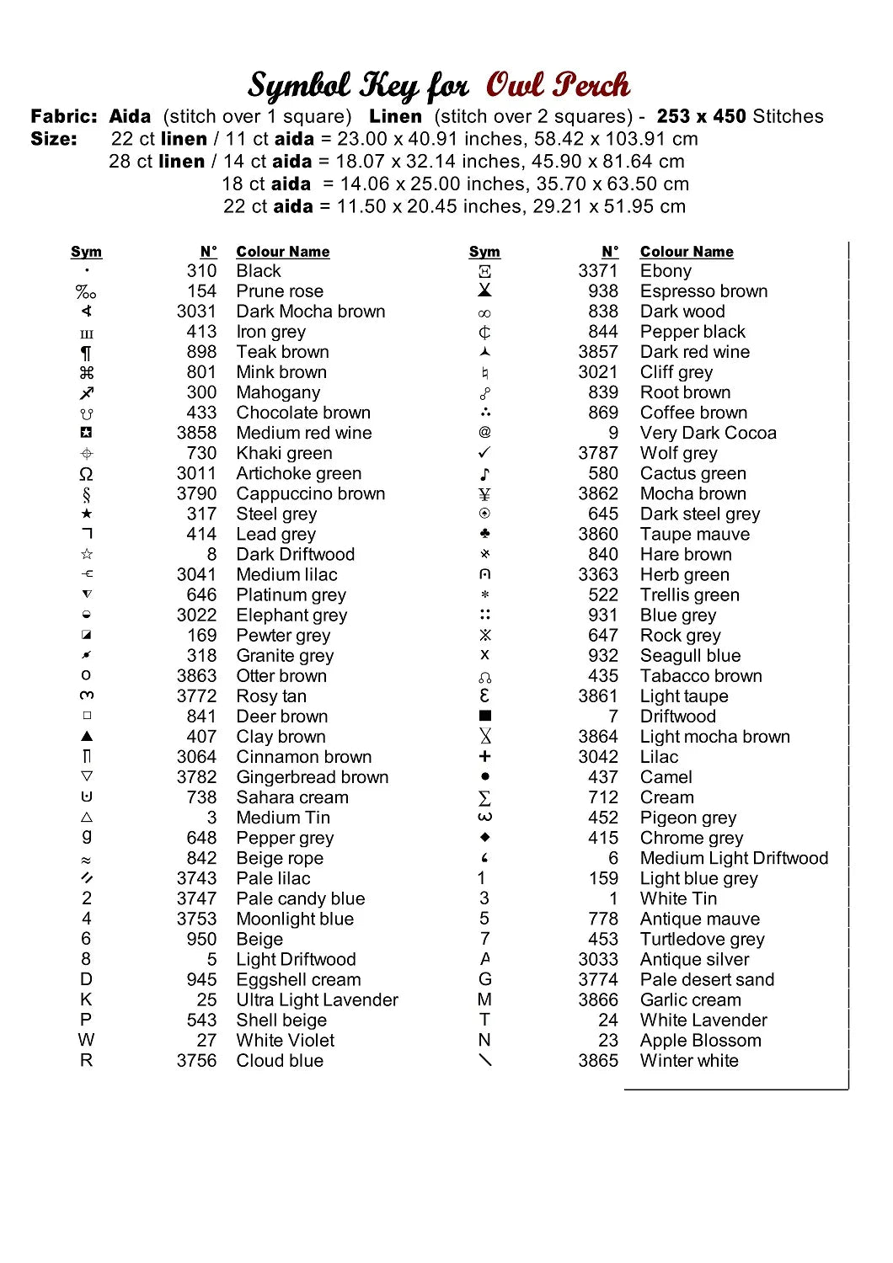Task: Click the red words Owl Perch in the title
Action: (557, 85)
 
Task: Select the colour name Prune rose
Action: (280, 291)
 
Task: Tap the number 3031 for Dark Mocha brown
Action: (196, 312)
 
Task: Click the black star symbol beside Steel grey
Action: (87, 514)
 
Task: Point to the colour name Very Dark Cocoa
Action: (708, 433)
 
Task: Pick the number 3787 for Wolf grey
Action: (598, 453)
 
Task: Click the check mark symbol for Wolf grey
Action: (484, 452)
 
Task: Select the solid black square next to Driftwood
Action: (484, 716)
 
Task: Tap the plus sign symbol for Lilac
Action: (484, 756)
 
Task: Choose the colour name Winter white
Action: (689, 1061)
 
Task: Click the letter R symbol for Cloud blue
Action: (87, 1060)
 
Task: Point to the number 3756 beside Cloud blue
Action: (196, 1061)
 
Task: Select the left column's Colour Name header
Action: (282, 252)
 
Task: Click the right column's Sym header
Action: (484, 252)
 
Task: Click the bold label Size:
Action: (54, 139)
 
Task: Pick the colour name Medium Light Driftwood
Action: (734, 858)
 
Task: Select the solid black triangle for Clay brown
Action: (87, 736)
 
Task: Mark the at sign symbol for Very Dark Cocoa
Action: (484, 432)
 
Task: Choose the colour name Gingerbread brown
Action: (313, 777)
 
